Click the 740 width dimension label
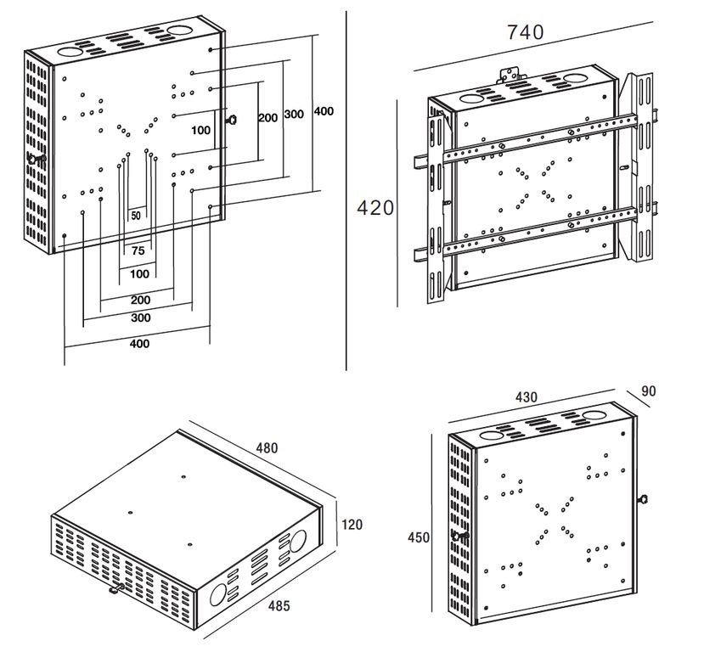(x=525, y=32)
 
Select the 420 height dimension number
(x=375, y=207)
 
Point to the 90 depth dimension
(x=649, y=391)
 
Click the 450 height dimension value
(x=418, y=537)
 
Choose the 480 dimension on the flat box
(x=266, y=447)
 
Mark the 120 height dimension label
(x=351, y=525)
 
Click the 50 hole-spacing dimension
(x=136, y=216)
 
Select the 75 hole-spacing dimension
(x=138, y=251)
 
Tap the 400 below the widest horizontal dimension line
(x=139, y=344)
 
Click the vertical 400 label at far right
(x=323, y=111)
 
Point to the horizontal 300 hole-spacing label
(x=141, y=318)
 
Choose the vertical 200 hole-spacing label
(x=268, y=117)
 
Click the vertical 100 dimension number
(x=200, y=130)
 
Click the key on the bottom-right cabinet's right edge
(x=642, y=499)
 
